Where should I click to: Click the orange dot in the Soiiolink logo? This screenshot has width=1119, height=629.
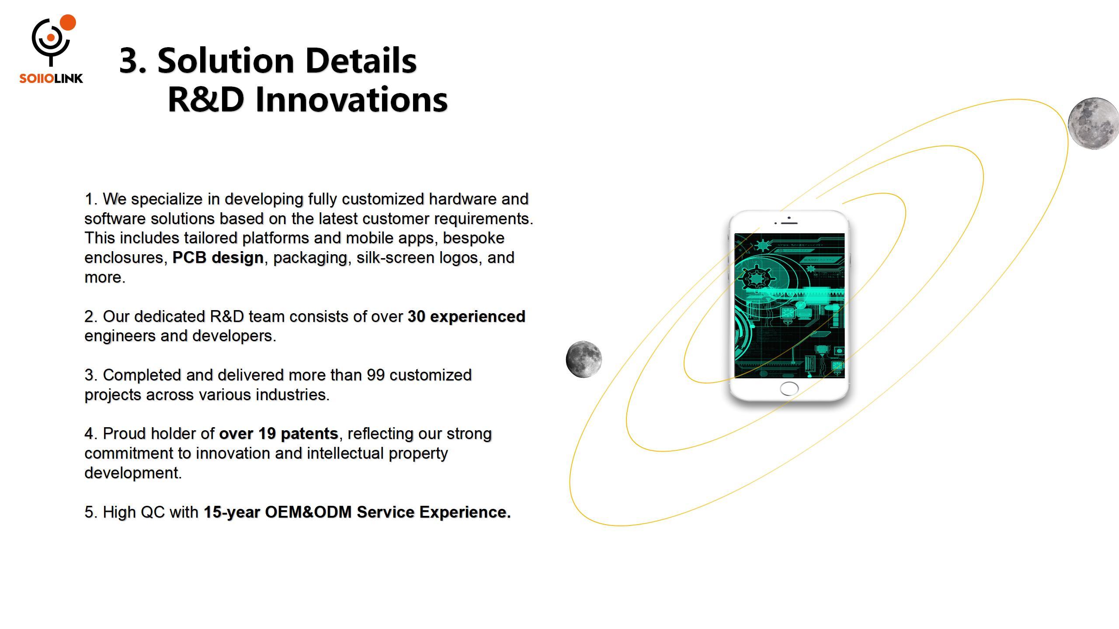click(68, 23)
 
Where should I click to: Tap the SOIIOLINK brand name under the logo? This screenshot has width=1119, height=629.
click(51, 79)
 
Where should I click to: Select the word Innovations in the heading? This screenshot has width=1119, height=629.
click(351, 99)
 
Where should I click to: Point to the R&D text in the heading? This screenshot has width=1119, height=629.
click(205, 99)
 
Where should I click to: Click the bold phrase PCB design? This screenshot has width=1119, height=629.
click(218, 258)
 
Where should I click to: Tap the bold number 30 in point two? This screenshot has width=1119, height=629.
click(417, 317)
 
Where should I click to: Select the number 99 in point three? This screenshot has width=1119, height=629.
click(375, 375)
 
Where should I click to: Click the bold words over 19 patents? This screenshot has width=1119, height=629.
click(278, 434)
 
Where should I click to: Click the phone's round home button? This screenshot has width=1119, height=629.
click(789, 388)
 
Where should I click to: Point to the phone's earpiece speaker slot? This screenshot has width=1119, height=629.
click(789, 223)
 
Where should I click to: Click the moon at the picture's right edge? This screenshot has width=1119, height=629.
click(1093, 124)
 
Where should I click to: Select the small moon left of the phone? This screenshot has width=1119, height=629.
click(584, 359)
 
